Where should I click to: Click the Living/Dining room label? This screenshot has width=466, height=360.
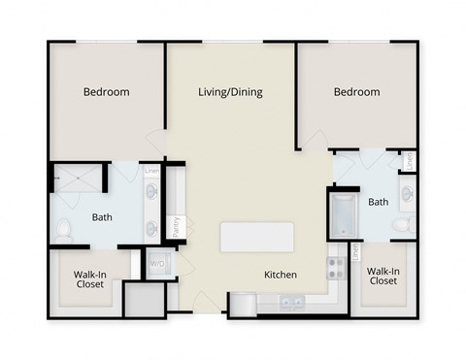(230, 92)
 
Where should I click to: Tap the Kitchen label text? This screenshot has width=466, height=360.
(281, 275)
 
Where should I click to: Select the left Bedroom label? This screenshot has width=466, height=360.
(106, 92)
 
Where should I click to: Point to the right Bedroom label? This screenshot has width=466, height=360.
(356, 92)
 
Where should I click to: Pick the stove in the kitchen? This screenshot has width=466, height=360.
(336, 267)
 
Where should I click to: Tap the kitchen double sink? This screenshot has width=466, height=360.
(291, 303)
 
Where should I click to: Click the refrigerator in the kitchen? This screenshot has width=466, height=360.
(243, 305)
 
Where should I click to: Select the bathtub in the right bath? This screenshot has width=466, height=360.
(342, 215)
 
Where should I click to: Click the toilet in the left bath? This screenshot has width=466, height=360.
(63, 230)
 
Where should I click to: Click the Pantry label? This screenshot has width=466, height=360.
(176, 227)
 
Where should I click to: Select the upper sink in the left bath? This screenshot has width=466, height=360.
(153, 191)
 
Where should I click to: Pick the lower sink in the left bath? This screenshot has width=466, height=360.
(153, 229)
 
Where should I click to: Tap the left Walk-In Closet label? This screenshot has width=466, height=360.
(91, 280)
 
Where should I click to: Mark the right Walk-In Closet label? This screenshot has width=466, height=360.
(382, 276)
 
